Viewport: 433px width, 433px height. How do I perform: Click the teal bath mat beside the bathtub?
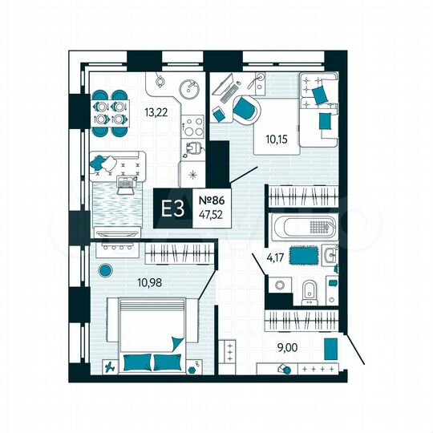[x=302, y=255]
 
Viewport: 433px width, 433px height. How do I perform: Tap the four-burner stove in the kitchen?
[x=192, y=125]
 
